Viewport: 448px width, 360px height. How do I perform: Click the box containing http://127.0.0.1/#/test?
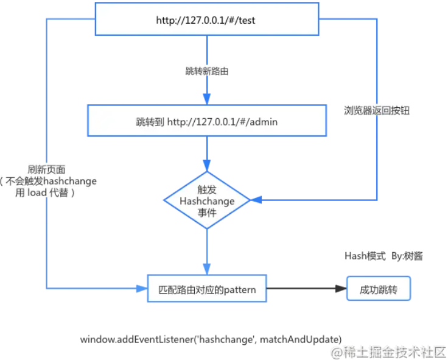(x=207, y=19)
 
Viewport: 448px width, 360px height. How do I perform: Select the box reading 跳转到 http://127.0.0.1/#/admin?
(x=207, y=121)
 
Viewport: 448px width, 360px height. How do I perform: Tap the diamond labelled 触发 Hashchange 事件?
(x=207, y=200)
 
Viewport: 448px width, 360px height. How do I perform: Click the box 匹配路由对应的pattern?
(x=207, y=290)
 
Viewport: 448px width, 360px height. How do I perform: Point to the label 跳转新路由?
(x=207, y=71)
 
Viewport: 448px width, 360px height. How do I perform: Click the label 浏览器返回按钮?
(x=376, y=110)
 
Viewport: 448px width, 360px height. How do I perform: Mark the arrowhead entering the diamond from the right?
(x=257, y=200)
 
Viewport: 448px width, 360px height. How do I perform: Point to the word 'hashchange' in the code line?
(x=228, y=339)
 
